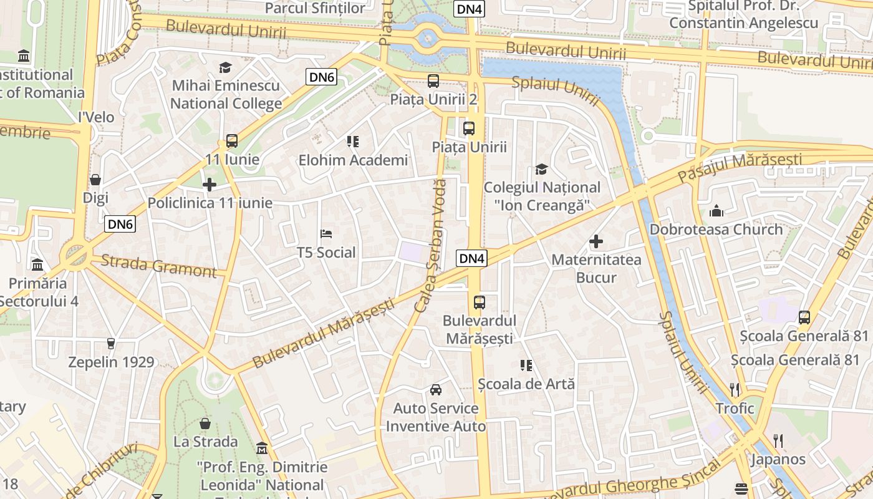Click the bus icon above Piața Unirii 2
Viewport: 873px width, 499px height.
point(433,80)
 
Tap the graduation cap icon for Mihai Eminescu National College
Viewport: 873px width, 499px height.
point(225,67)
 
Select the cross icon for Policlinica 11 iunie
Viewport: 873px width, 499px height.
point(210,185)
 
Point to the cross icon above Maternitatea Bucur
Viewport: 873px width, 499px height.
point(596,241)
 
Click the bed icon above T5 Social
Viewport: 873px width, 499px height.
point(326,235)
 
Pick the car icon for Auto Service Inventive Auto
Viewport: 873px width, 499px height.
point(436,390)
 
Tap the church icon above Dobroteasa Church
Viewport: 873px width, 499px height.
point(715,211)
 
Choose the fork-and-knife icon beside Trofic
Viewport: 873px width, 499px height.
point(735,390)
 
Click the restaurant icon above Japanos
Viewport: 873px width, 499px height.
point(778,441)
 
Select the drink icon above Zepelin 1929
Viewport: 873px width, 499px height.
point(111,343)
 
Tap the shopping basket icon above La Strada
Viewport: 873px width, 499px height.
point(205,424)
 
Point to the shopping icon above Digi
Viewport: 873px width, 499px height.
point(95,180)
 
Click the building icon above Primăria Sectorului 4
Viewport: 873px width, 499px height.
point(37,264)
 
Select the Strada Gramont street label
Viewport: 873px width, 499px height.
point(158,266)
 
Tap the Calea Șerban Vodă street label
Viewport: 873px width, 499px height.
point(431,246)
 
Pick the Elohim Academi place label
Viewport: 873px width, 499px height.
point(353,160)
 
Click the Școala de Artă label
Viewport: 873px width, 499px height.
point(526,384)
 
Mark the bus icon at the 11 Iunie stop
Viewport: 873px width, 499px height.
point(232,141)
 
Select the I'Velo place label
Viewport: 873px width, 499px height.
point(96,117)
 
